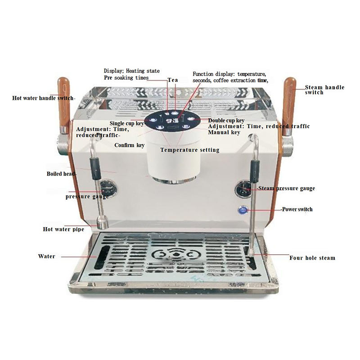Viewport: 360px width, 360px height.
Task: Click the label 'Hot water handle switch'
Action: pyautogui.click(x=43, y=98)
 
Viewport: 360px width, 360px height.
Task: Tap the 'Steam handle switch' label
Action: pyautogui.click(x=324, y=90)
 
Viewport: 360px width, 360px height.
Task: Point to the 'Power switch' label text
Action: pyautogui.click(x=297, y=209)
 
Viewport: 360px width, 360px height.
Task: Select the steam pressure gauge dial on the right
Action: pyautogui.click(x=243, y=189)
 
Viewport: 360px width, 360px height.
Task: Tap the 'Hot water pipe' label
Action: pyautogui.click(x=63, y=229)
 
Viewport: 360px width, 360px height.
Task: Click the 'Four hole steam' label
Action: pyautogui.click(x=312, y=258)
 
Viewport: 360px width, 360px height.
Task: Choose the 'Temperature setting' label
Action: pyautogui.click(x=189, y=150)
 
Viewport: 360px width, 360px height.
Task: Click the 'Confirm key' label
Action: pyautogui.click(x=130, y=145)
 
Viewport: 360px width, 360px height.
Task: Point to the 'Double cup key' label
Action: pyautogui.click(x=226, y=121)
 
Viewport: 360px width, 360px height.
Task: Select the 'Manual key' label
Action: pyautogui.click(x=224, y=132)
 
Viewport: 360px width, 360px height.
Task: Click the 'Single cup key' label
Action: pyautogui.click(x=127, y=123)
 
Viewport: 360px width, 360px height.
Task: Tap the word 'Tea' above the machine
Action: pyautogui.click(x=173, y=80)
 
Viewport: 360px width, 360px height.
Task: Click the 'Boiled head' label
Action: pyautogui.click(x=61, y=174)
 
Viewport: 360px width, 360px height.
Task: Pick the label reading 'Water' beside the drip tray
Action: pyautogui.click(x=47, y=256)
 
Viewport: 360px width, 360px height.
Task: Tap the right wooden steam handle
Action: pyautogui.click(x=289, y=106)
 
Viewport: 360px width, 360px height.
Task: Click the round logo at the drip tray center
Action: pyautogui.click(x=176, y=255)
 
